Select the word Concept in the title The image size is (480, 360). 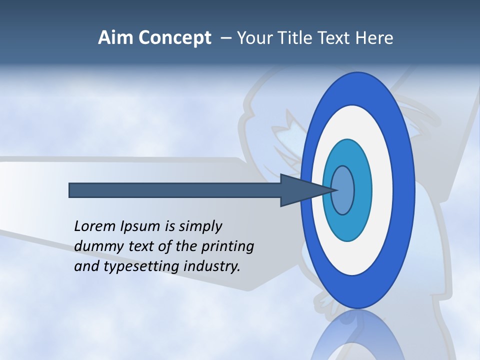coord(175,38)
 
